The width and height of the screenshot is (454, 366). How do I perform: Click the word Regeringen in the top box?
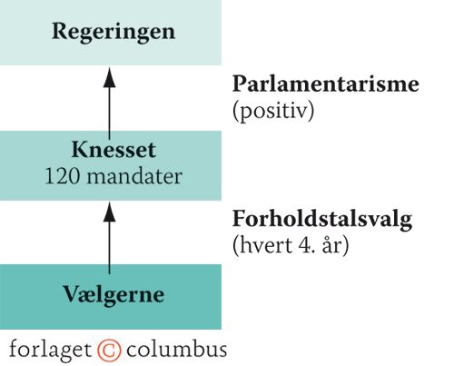point(113,33)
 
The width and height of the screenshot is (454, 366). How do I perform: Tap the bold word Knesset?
point(113,150)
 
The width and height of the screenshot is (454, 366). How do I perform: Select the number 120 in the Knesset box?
point(62,176)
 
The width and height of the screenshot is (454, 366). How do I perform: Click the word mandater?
point(134,176)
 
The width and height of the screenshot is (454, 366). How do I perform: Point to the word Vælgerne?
point(113,295)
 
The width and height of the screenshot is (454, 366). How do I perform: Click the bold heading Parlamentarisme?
point(326,84)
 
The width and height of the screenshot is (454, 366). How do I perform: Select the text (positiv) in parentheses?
point(273,112)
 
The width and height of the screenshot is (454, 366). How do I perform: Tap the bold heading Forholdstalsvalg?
point(322,220)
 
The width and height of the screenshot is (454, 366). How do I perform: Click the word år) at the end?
point(335,245)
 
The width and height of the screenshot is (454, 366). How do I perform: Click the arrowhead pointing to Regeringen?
point(109,78)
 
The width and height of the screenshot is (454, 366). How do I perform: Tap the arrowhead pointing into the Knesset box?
point(109,213)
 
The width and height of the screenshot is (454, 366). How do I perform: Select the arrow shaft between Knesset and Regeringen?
point(109,114)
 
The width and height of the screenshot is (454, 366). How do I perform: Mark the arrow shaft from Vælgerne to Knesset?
point(109,248)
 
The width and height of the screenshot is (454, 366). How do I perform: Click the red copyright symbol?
point(109,351)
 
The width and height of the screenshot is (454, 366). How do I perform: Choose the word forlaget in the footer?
point(50,350)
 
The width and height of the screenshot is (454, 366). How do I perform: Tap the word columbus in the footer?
point(176,350)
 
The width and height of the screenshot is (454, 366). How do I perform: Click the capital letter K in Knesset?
point(80,150)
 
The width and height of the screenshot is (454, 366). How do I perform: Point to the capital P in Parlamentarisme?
point(240,84)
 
